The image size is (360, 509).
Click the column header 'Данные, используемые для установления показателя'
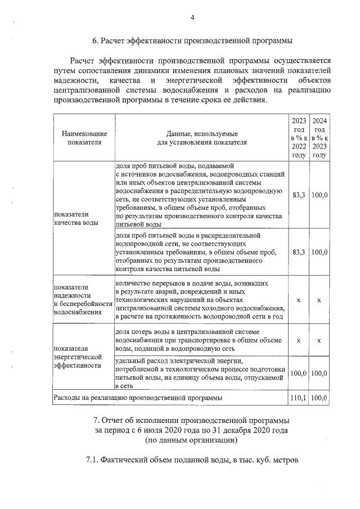201,138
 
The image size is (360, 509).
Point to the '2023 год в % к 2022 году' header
299,138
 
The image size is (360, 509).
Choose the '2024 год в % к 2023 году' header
319,138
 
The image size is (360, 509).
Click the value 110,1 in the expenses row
299,398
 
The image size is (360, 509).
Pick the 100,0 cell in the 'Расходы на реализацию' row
319,398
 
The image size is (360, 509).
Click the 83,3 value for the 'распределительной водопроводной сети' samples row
299,253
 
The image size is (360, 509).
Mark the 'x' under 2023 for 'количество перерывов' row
299,300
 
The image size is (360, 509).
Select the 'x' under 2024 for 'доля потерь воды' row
319,340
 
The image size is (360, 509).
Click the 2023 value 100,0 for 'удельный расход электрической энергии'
299,373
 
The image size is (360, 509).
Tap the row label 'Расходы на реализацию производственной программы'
137,398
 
